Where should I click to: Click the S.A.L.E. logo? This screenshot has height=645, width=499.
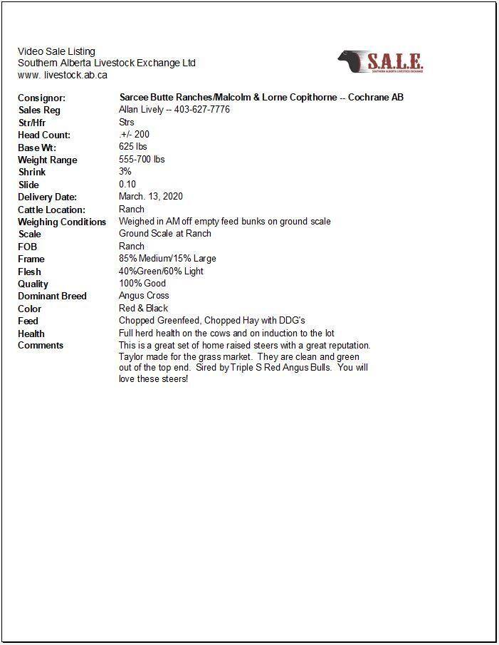pyautogui.click(x=381, y=62)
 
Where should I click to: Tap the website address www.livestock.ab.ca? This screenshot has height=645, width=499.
pyautogui.click(x=63, y=75)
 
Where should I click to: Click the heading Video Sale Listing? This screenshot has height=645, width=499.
pyautogui.click(x=56, y=51)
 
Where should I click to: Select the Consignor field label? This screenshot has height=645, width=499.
pyautogui.click(x=41, y=98)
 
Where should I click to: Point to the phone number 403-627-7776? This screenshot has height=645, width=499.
pyautogui.click(x=202, y=110)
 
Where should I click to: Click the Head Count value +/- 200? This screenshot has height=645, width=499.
pyautogui.click(x=135, y=135)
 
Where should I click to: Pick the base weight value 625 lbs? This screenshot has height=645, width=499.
pyautogui.click(x=133, y=147)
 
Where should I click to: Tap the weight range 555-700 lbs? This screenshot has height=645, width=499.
pyautogui.click(x=142, y=160)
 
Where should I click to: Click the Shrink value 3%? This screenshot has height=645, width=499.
pyautogui.click(x=125, y=172)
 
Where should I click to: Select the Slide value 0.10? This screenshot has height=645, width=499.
pyautogui.click(x=127, y=185)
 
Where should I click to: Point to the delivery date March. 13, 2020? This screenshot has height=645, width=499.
pyautogui.click(x=151, y=197)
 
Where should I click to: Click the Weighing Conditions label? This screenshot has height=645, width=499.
pyautogui.click(x=62, y=222)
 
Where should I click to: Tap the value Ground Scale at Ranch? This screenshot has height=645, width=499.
pyautogui.click(x=165, y=234)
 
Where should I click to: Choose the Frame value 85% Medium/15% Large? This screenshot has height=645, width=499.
pyautogui.click(x=167, y=259)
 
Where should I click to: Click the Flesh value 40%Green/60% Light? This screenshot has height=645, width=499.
pyautogui.click(x=161, y=272)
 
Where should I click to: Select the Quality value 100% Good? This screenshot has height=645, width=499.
pyautogui.click(x=142, y=284)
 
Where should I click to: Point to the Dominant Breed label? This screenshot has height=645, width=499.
pyautogui.click(x=52, y=296)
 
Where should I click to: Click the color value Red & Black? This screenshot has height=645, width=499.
pyautogui.click(x=144, y=309)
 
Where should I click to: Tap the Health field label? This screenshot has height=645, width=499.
pyautogui.click(x=31, y=334)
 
